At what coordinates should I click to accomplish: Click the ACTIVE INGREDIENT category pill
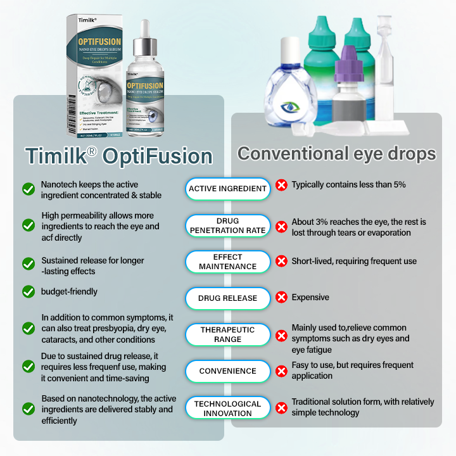tap(227, 189)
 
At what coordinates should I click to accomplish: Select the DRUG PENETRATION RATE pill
tap(227, 226)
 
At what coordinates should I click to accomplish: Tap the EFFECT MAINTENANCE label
tap(227, 262)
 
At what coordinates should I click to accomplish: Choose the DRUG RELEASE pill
tap(227, 298)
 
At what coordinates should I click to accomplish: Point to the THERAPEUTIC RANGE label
tap(227, 334)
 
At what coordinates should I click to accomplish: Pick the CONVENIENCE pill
tap(227, 371)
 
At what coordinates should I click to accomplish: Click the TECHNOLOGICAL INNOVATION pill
tap(227, 408)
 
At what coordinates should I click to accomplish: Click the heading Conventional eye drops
tap(336, 154)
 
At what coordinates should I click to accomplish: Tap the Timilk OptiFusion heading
tap(118, 156)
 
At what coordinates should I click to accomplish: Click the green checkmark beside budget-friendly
tap(28, 291)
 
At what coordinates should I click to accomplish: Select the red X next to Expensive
tap(281, 297)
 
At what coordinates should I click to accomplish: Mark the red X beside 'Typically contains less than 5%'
tap(281, 186)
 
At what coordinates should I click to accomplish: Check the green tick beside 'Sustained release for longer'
tap(28, 263)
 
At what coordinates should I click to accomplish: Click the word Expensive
tap(310, 297)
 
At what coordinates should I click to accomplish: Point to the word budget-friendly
tap(70, 292)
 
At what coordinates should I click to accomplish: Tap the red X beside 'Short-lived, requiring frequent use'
tap(281, 261)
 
